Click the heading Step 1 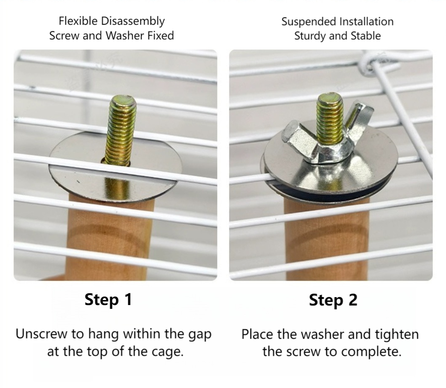[109, 300]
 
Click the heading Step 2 [333, 300]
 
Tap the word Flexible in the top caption [78, 21]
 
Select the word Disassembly [133, 22]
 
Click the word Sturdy [310, 36]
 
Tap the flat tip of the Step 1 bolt [123, 100]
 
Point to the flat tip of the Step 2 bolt [329, 97]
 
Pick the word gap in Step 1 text [200, 335]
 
